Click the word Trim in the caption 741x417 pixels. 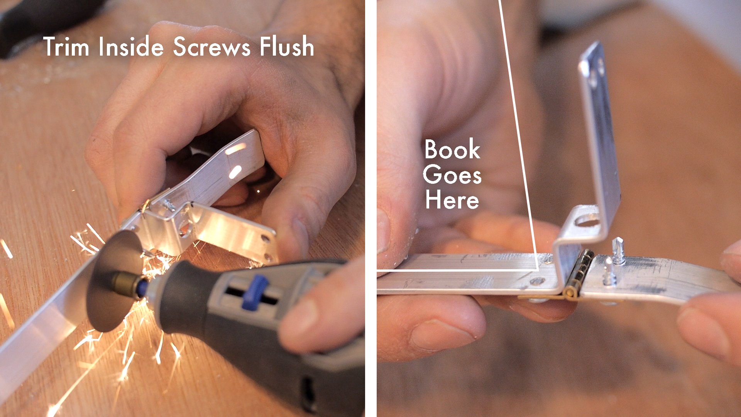[x=66, y=47]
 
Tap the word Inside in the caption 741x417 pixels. [x=131, y=47]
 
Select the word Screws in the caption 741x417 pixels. [x=212, y=47]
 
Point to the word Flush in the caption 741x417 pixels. [x=286, y=47]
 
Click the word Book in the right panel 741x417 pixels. [x=452, y=149]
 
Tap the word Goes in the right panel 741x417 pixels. [x=452, y=175]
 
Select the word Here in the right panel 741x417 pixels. [x=452, y=200]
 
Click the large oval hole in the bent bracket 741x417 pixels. [x=587, y=221]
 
